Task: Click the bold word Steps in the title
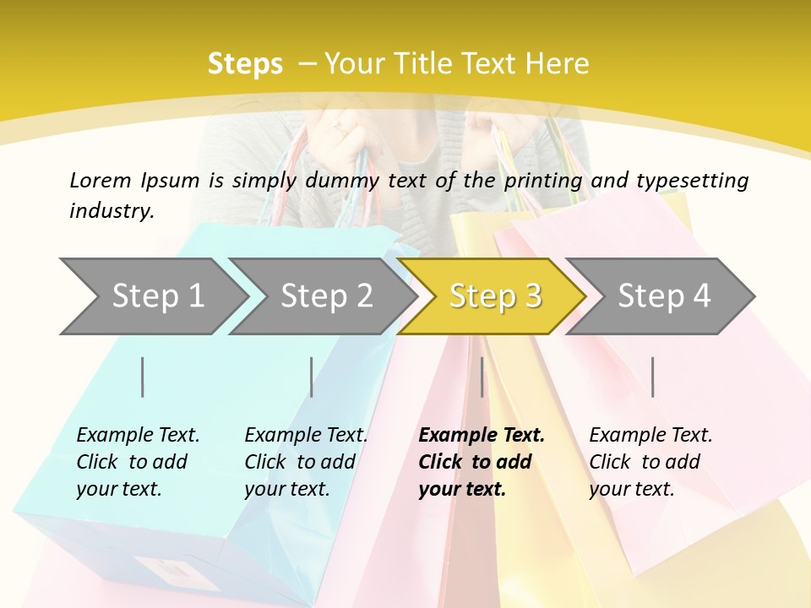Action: pos(245,64)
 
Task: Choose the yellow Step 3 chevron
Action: pos(494,296)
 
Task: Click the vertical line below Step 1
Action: pos(143,377)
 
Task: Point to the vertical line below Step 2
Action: pos(312,377)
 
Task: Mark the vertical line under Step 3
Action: pos(482,377)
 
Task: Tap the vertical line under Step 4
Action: pos(652,377)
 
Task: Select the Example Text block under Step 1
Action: pos(138,462)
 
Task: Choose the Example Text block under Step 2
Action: pos(306,462)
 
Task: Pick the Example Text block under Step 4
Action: pos(650,462)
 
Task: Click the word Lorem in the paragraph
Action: pos(100,181)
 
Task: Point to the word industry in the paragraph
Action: pos(111,211)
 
